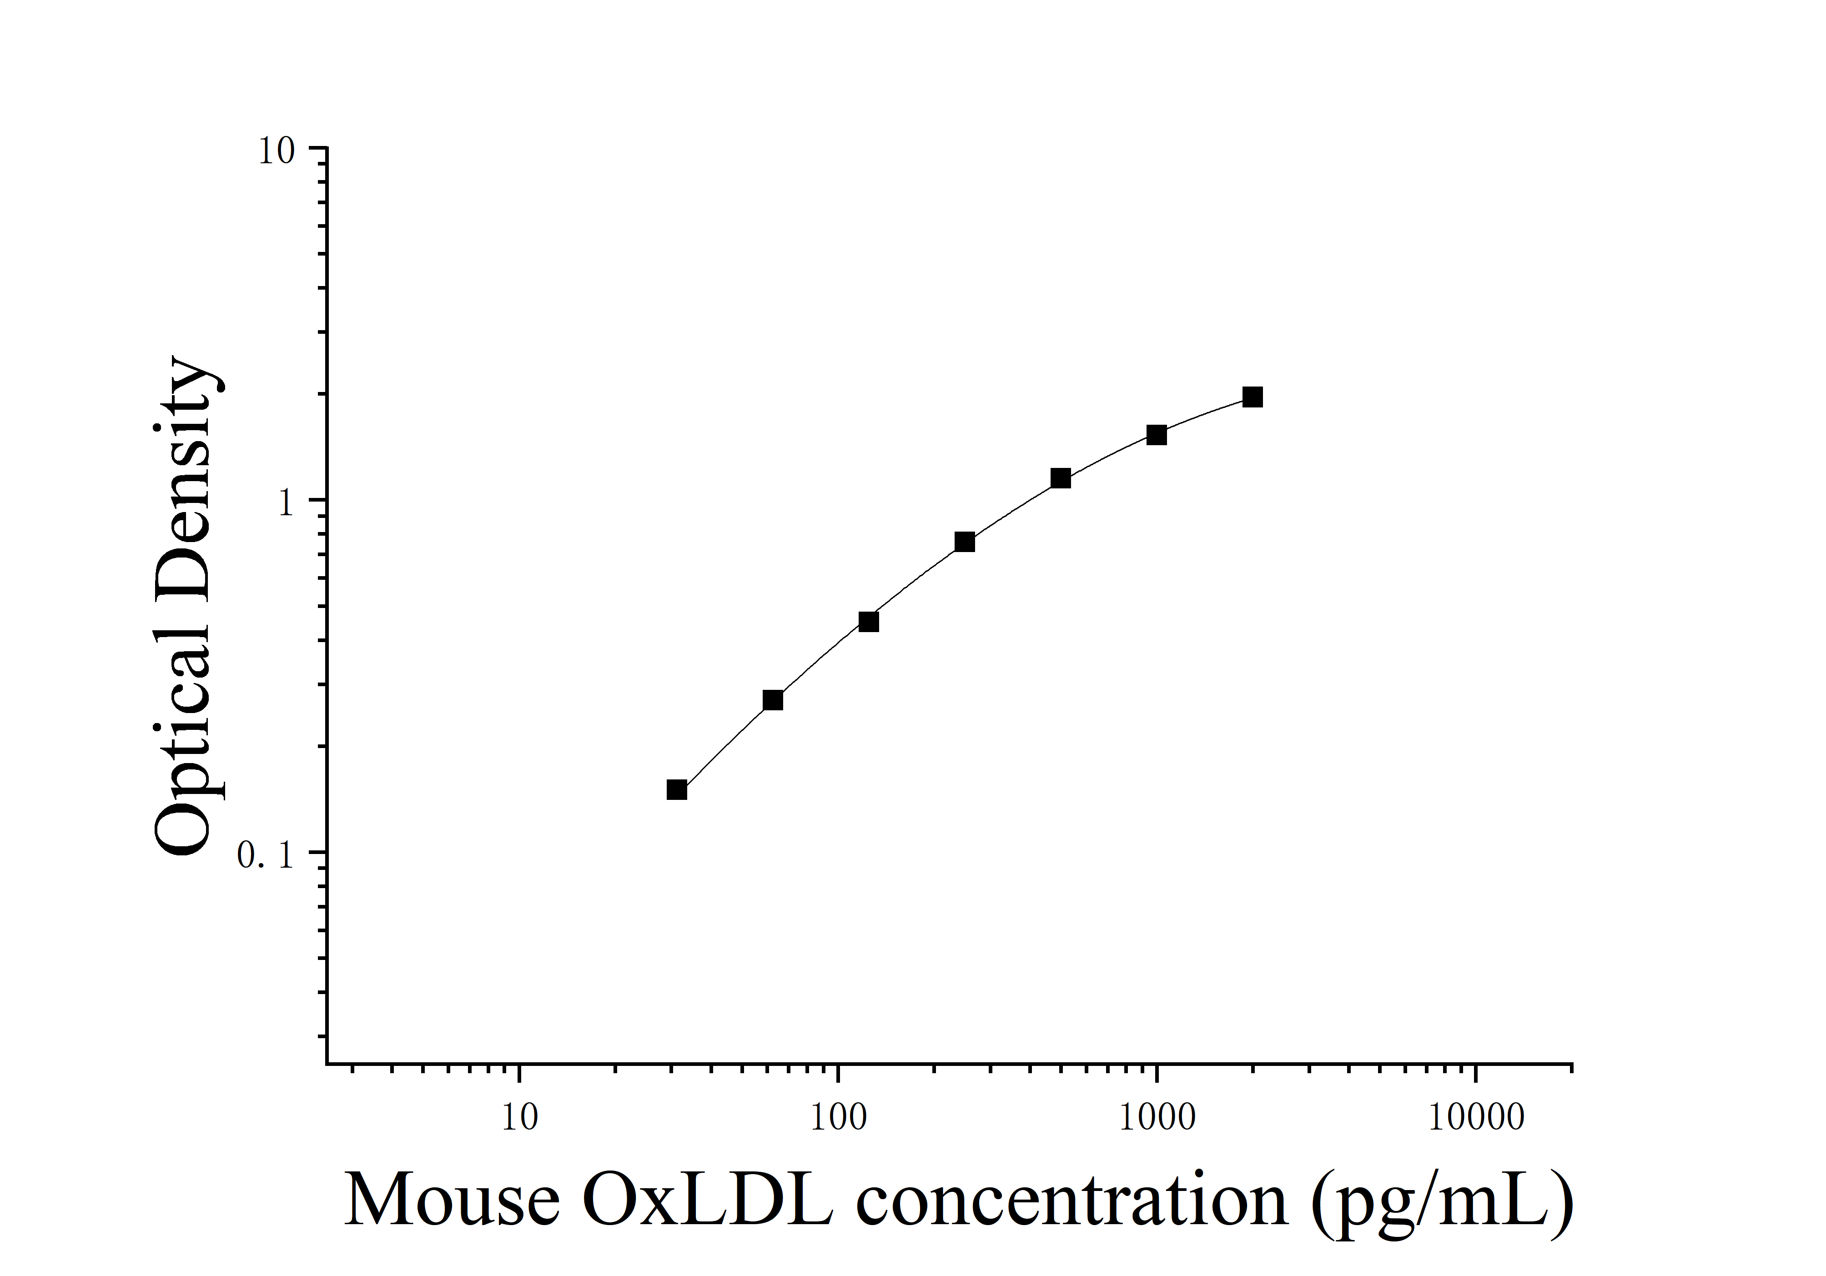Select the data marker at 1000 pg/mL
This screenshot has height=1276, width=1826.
pyautogui.click(x=1157, y=435)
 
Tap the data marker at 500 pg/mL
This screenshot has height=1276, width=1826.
pyautogui.click(x=1060, y=478)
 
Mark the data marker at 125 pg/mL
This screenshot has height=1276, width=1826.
pyautogui.click(x=869, y=622)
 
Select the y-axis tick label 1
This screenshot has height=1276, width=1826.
pyautogui.click(x=287, y=502)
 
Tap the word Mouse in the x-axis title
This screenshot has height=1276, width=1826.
pyautogui.click(x=452, y=1201)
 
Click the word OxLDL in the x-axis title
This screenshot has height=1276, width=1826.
pyautogui.click(x=708, y=1201)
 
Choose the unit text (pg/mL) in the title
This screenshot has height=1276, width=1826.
pyautogui.click(x=1442, y=1202)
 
